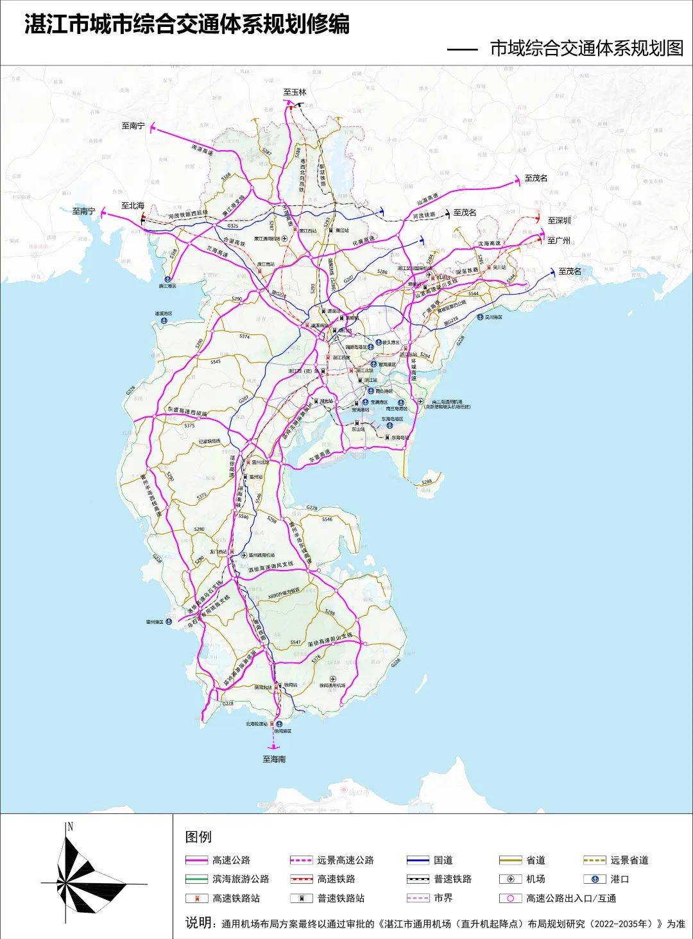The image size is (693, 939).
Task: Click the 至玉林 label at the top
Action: coord(295,92)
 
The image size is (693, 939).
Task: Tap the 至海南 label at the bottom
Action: coord(274,759)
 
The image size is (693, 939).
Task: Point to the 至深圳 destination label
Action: coord(559,220)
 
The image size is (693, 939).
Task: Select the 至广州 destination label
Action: coord(559,240)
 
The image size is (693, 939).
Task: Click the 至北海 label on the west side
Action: coord(133,205)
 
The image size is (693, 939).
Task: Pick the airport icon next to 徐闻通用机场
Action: coord(332,678)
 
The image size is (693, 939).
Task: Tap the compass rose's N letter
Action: coord(71,827)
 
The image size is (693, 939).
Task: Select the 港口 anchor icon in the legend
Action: coord(595,879)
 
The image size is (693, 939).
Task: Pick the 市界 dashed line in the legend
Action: coord(417,898)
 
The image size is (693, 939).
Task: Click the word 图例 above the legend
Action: coord(198,837)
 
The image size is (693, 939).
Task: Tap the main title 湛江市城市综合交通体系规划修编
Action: coord(187,25)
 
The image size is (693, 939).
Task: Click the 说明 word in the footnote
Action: coord(198,924)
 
